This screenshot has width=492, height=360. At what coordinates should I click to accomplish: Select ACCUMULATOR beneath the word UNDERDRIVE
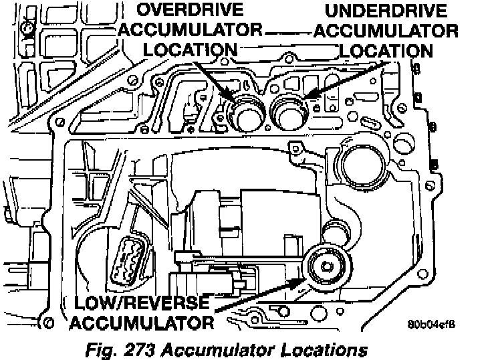394,31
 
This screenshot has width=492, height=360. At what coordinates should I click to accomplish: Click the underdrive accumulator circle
290,110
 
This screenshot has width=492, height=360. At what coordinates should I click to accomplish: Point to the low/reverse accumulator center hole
326,267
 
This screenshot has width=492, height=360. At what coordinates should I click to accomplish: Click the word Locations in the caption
328,349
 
